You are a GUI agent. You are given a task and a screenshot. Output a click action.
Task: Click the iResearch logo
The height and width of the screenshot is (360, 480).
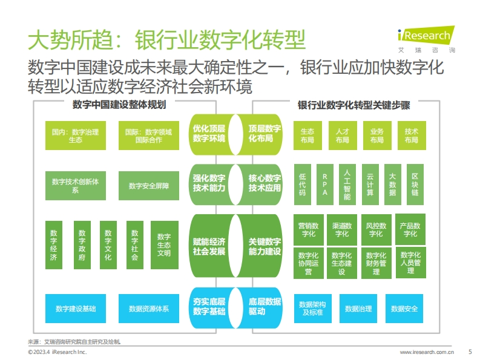[426, 39]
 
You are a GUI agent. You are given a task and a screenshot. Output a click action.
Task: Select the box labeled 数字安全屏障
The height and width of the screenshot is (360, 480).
[149, 186]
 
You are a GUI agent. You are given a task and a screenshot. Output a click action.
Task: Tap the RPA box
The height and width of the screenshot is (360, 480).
[325, 185]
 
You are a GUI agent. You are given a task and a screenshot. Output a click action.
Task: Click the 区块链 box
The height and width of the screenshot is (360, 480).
[415, 185]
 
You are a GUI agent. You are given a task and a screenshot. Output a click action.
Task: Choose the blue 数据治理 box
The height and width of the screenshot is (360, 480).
[358, 309]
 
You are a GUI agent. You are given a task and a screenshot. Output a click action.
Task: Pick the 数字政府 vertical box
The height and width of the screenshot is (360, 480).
[82, 245]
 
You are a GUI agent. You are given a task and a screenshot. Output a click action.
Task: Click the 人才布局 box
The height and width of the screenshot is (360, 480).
[343, 136]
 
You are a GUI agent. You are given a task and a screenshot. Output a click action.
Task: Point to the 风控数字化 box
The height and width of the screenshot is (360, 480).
[376, 229]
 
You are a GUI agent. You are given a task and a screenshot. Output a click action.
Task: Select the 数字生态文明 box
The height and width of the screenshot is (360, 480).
[165, 245]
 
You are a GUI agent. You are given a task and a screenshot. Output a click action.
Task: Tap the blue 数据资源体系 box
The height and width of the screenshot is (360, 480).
[149, 309]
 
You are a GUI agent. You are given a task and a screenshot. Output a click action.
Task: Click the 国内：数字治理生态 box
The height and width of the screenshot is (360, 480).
[76, 136]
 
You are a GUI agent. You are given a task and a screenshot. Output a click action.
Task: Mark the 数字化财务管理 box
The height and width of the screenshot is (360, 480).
[376, 263]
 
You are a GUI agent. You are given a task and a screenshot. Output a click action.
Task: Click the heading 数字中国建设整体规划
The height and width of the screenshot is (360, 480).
[119, 105]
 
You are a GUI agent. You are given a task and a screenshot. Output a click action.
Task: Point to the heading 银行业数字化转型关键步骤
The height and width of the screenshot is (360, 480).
[354, 105]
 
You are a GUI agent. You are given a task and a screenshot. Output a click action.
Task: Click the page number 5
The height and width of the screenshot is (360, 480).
[470, 352]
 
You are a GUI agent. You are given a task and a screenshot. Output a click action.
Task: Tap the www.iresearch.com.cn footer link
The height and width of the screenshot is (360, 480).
[427, 352]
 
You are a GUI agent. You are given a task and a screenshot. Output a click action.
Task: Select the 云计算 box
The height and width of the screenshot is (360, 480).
[370, 185]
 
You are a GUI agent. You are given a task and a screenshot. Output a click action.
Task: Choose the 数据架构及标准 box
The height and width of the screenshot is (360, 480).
[312, 309]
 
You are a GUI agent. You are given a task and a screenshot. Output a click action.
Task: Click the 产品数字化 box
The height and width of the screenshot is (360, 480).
[410, 229]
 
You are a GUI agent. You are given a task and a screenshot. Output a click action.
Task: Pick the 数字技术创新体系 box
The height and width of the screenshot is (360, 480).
[76, 186]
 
